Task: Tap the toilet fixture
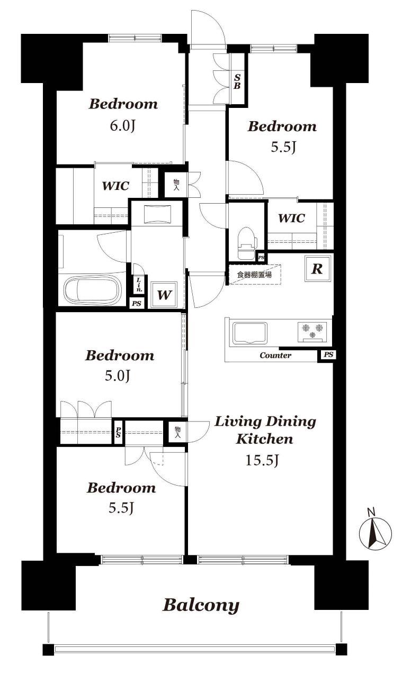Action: (x=247, y=243)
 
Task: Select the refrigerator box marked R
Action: (x=317, y=269)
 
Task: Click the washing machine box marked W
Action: (x=164, y=295)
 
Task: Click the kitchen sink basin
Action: (x=249, y=333)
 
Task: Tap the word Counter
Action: (x=275, y=355)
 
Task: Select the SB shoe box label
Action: (x=237, y=81)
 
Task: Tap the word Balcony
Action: (x=201, y=605)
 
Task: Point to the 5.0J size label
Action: (x=118, y=376)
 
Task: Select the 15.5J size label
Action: (x=261, y=460)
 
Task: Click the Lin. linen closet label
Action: (x=139, y=285)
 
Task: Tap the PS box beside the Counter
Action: (x=328, y=354)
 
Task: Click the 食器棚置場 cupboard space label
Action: (x=254, y=275)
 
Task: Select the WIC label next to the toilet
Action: (x=291, y=218)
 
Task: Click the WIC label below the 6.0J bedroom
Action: (x=115, y=186)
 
